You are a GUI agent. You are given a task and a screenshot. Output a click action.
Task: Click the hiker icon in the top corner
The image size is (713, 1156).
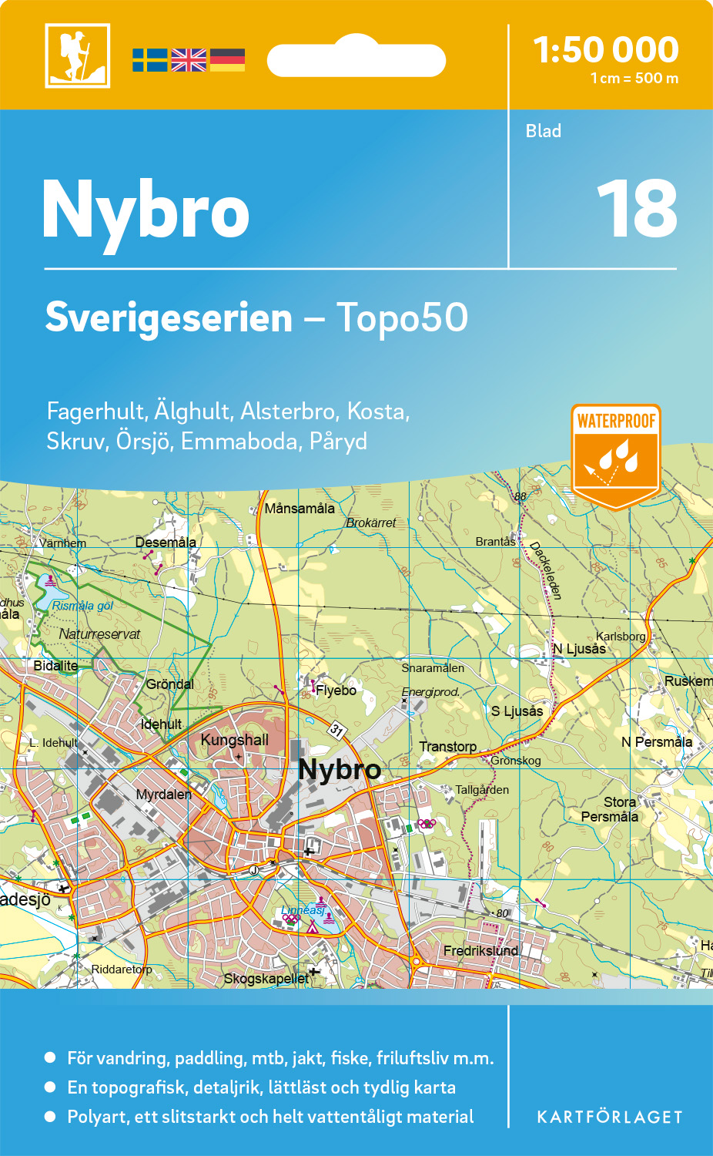click(x=77, y=55)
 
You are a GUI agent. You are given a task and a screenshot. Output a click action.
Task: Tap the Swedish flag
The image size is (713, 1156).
click(x=149, y=60)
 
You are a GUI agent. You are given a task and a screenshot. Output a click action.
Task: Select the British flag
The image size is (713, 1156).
click(x=189, y=60)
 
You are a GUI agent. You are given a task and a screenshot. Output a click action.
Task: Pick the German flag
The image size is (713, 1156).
click(x=227, y=60)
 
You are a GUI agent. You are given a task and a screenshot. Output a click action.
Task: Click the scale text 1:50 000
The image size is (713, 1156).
click(x=605, y=50)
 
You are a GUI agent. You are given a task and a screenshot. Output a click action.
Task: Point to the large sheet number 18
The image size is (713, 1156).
click(x=637, y=209)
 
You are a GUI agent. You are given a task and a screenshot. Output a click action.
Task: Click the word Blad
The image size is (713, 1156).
click(x=543, y=131)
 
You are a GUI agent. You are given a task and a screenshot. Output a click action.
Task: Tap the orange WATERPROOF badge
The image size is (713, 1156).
click(x=616, y=455)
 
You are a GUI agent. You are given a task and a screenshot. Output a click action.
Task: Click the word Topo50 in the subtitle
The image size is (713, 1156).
click(x=402, y=318)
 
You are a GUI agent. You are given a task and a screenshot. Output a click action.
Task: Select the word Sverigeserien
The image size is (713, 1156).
click(x=169, y=318)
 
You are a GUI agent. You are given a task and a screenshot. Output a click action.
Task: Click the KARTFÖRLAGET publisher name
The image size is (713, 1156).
click(x=609, y=1117)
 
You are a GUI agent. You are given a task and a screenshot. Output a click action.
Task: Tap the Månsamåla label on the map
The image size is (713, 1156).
click(x=300, y=509)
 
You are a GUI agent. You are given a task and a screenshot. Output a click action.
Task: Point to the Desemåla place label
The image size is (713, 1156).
click(x=166, y=543)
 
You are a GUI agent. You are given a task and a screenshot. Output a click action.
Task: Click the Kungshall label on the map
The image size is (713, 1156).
click(x=235, y=741)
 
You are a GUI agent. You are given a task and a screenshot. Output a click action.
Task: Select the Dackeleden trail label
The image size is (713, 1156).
click(x=546, y=570)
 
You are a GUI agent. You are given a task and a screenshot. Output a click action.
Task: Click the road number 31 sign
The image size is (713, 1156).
click(x=336, y=729)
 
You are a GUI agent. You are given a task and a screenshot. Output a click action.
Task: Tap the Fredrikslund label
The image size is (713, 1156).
click(x=480, y=951)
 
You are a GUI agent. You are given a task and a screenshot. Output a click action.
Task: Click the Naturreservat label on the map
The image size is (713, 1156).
click(x=99, y=634)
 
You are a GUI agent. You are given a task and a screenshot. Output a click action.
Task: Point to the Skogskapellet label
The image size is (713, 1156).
click(x=266, y=979)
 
